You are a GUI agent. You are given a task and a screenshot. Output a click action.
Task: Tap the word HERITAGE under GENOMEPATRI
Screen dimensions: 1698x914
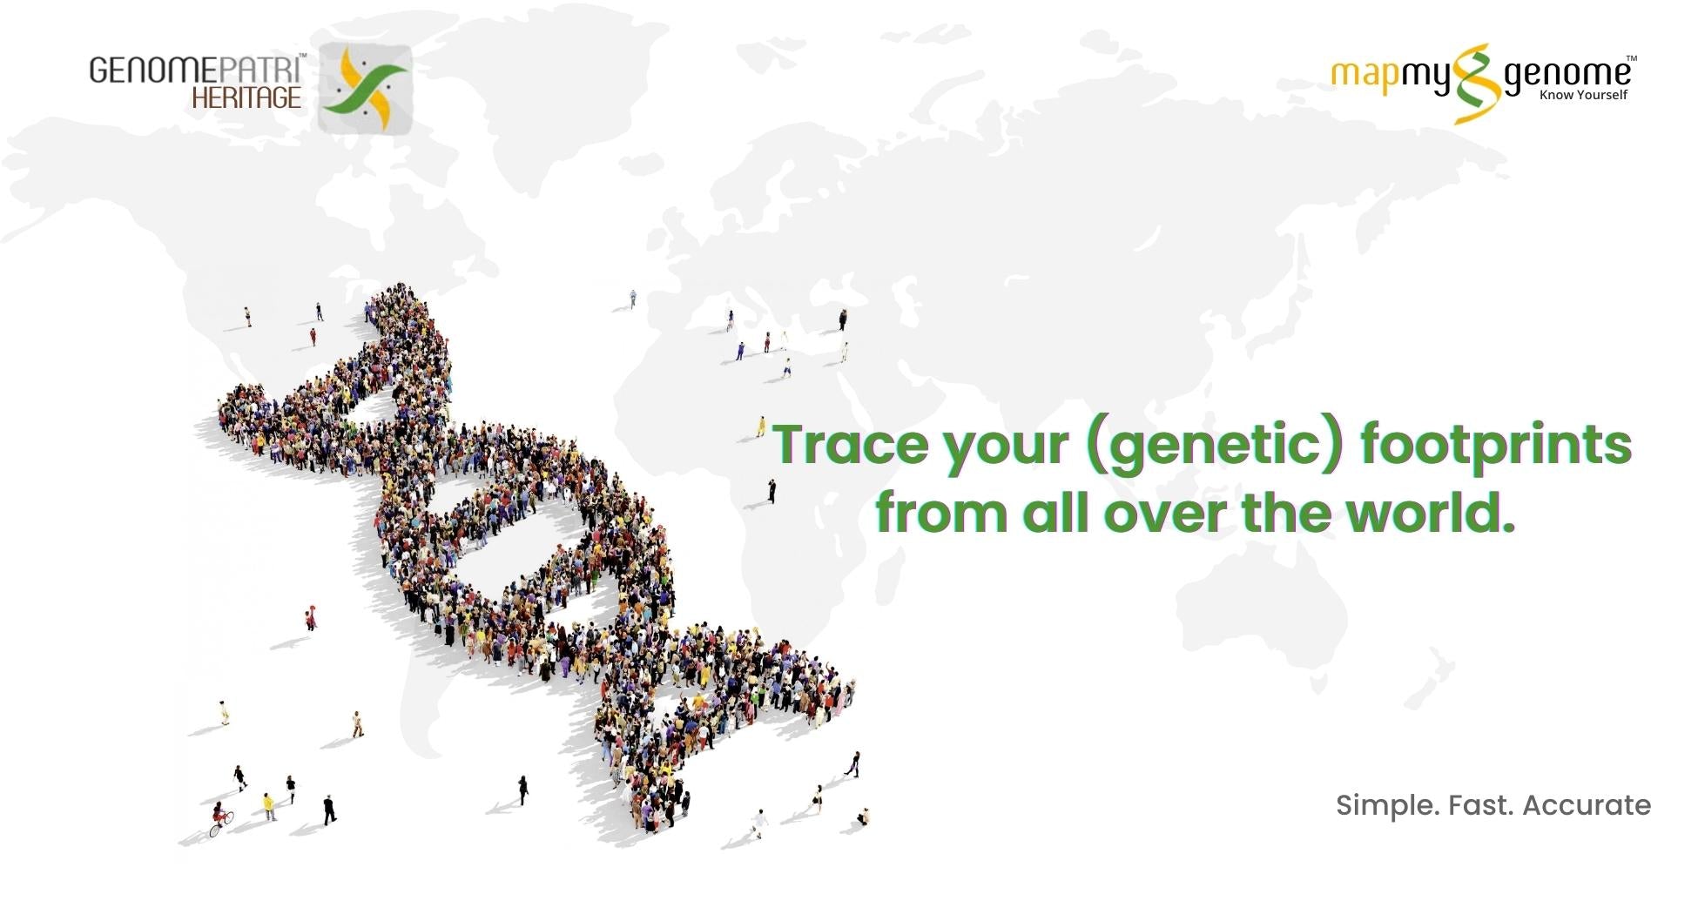click(x=246, y=97)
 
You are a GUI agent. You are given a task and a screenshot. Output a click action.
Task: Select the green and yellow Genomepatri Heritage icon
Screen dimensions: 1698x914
click(x=364, y=88)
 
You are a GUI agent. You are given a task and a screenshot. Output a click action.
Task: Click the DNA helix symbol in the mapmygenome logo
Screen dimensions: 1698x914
click(x=1477, y=84)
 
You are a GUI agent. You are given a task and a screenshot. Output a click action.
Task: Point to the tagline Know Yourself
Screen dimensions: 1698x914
click(x=1583, y=95)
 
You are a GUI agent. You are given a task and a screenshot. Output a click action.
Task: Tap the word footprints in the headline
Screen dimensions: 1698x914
click(x=1495, y=446)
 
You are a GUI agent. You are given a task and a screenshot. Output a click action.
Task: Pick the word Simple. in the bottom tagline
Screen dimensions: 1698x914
click(x=1387, y=806)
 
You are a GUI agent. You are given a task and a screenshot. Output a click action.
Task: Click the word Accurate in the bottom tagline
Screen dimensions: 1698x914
click(x=1587, y=805)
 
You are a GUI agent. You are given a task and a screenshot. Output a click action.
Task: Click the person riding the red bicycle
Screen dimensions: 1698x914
click(x=220, y=818)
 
